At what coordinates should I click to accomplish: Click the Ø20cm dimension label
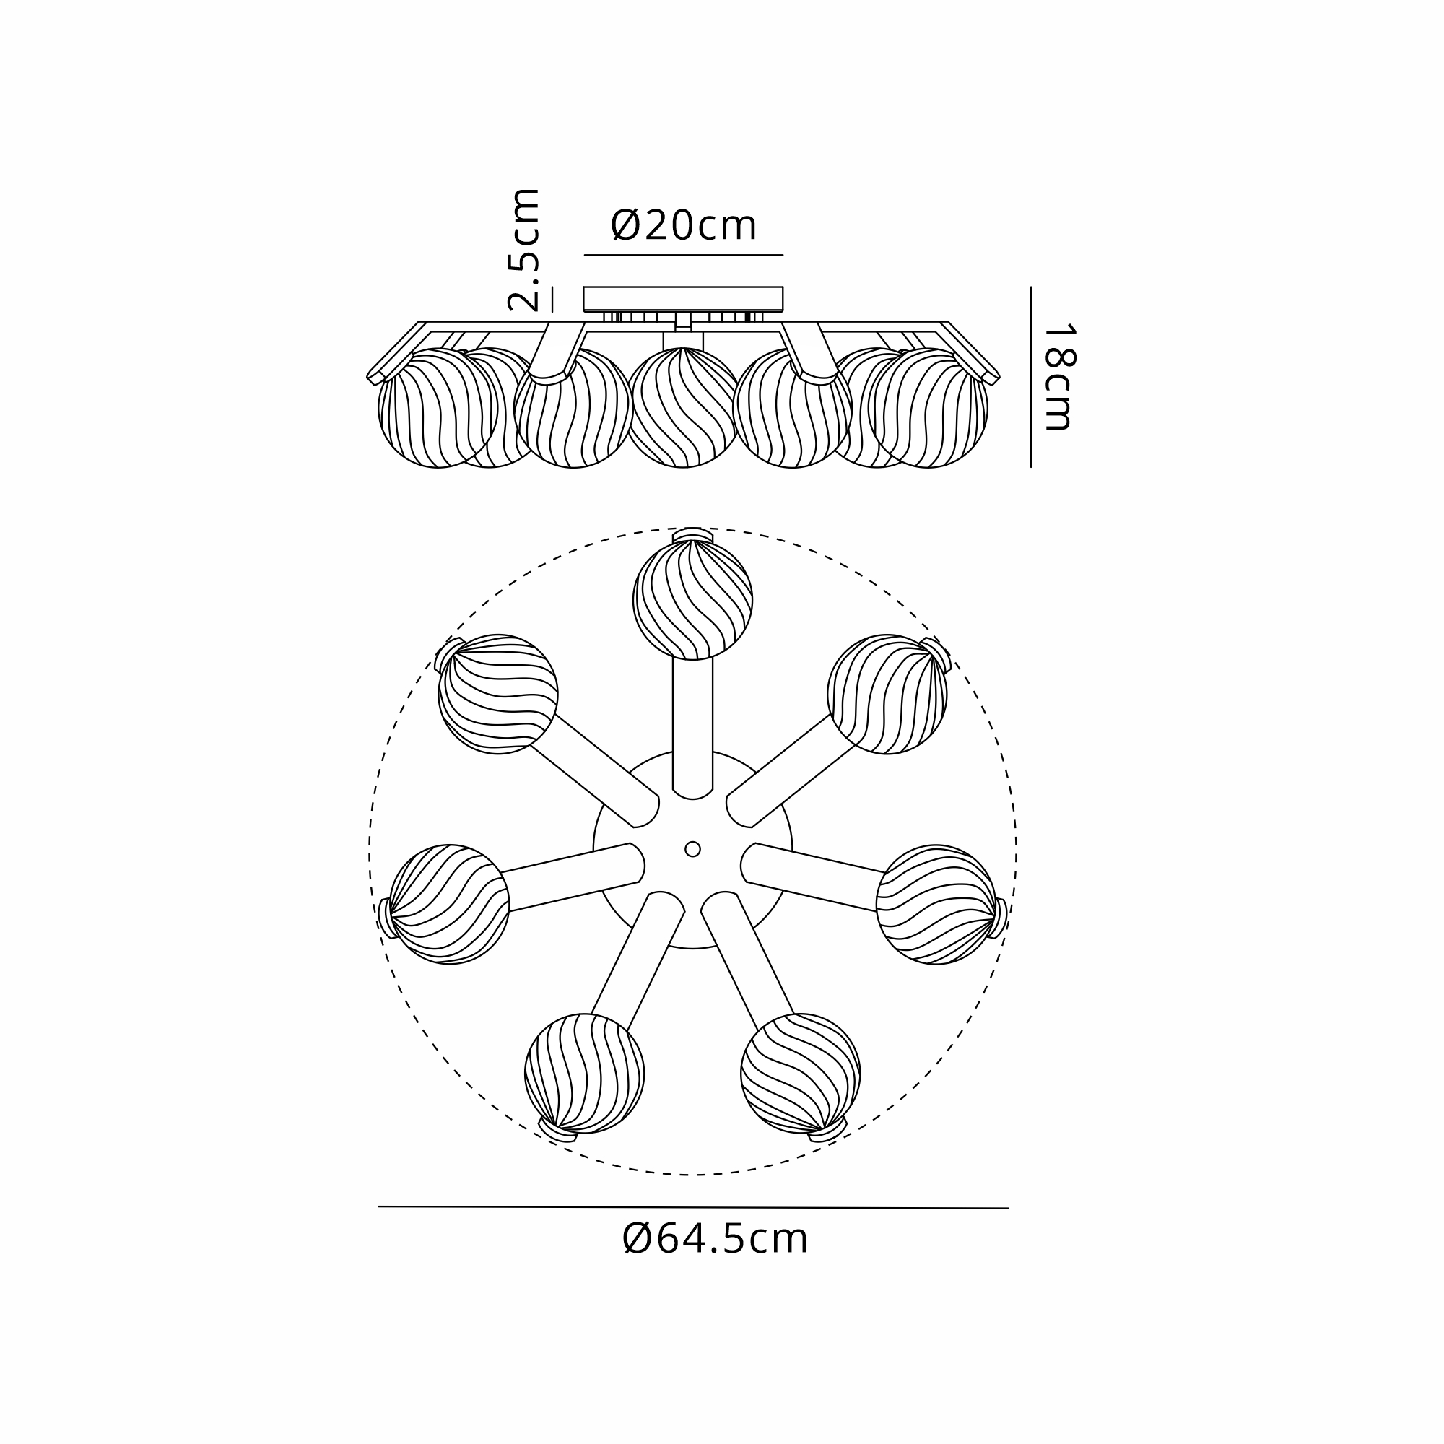click(683, 226)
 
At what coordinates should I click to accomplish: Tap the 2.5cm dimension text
click(523, 250)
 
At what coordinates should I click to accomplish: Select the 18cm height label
click(1058, 377)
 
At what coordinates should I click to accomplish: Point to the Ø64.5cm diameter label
click(715, 1240)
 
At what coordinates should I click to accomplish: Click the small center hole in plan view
click(693, 849)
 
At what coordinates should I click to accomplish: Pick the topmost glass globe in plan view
click(693, 600)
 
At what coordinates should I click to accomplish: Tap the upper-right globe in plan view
click(887, 695)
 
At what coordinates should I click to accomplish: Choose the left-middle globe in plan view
click(449, 905)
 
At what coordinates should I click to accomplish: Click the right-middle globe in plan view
click(936, 905)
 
